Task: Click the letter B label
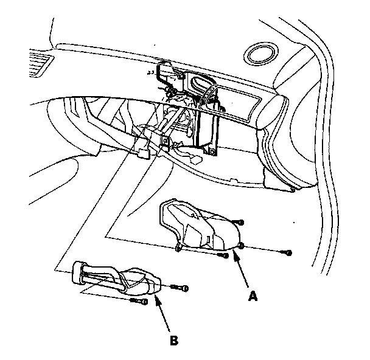click(174, 341)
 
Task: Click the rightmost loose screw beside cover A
click(288, 252)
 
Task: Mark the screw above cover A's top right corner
click(241, 223)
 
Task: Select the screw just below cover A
click(223, 257)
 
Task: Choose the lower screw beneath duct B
click(142, 301)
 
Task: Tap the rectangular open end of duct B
click(79, 272)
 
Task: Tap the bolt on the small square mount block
click(165, 142)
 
